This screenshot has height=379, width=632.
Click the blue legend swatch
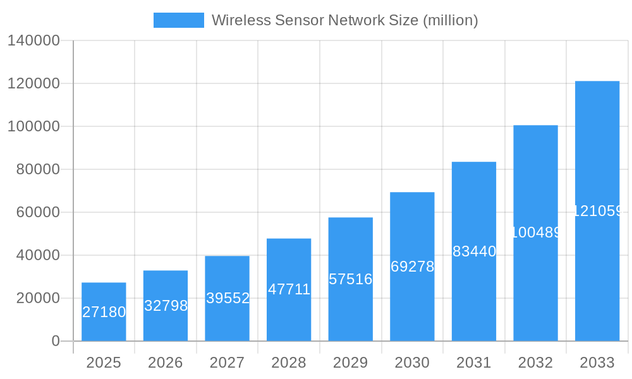coord(179,20)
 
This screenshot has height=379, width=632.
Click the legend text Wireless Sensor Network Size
coord(344,20)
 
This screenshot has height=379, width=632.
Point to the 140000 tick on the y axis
coord(33,40)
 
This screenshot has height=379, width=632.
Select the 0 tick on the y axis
coord(55,341)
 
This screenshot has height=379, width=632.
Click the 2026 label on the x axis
coord(166,363)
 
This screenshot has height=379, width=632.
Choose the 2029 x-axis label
coord(351,363)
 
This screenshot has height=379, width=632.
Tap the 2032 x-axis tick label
coord(535,363)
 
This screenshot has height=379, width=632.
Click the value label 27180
coord(104,312)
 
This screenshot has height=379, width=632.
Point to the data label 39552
coord(228,298)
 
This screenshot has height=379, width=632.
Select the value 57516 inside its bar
coord(351,279)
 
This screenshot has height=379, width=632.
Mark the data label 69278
coord(413,267)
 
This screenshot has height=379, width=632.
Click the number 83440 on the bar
coord(475,251)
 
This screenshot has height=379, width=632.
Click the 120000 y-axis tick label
coord(33,83)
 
